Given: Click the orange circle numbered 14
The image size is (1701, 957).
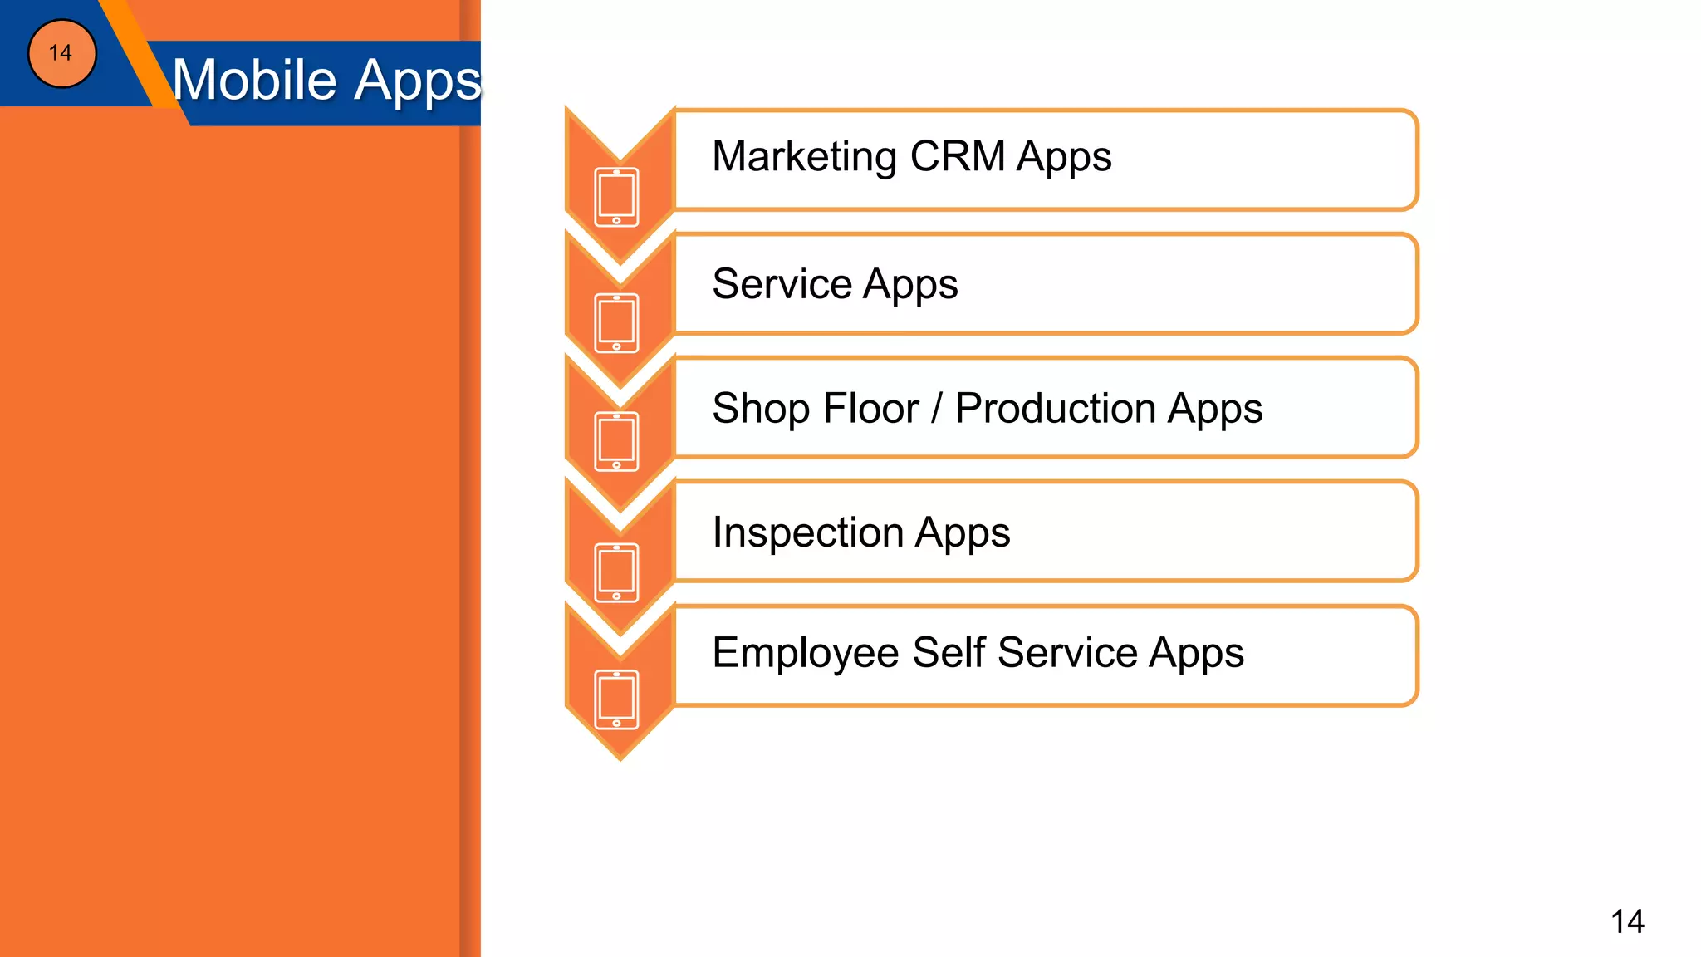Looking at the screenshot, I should click(62, 54).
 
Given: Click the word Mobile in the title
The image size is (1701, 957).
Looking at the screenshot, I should click(254, 81).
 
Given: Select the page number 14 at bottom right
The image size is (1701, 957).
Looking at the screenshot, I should click(1627, 921).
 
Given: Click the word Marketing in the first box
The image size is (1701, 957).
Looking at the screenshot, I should click(804, 157).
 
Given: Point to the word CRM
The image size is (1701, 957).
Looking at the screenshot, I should click(957, 156).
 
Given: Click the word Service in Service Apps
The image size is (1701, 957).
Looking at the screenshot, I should click(782, 284).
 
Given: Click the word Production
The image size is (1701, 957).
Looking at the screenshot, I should click(1055, 409).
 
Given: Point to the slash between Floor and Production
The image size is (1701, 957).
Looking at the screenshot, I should click(937, 409).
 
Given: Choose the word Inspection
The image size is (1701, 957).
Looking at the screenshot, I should click(807, 532).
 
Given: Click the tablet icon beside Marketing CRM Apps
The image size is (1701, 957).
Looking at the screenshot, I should click(617, 197).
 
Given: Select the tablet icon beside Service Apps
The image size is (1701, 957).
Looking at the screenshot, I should click(617, 323).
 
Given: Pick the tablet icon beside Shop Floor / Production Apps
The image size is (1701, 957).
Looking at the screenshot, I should click(617, 441).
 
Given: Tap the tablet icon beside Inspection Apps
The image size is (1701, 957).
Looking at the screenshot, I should click(617, 572).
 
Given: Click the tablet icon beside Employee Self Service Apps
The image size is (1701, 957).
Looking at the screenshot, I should click(617, 699).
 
